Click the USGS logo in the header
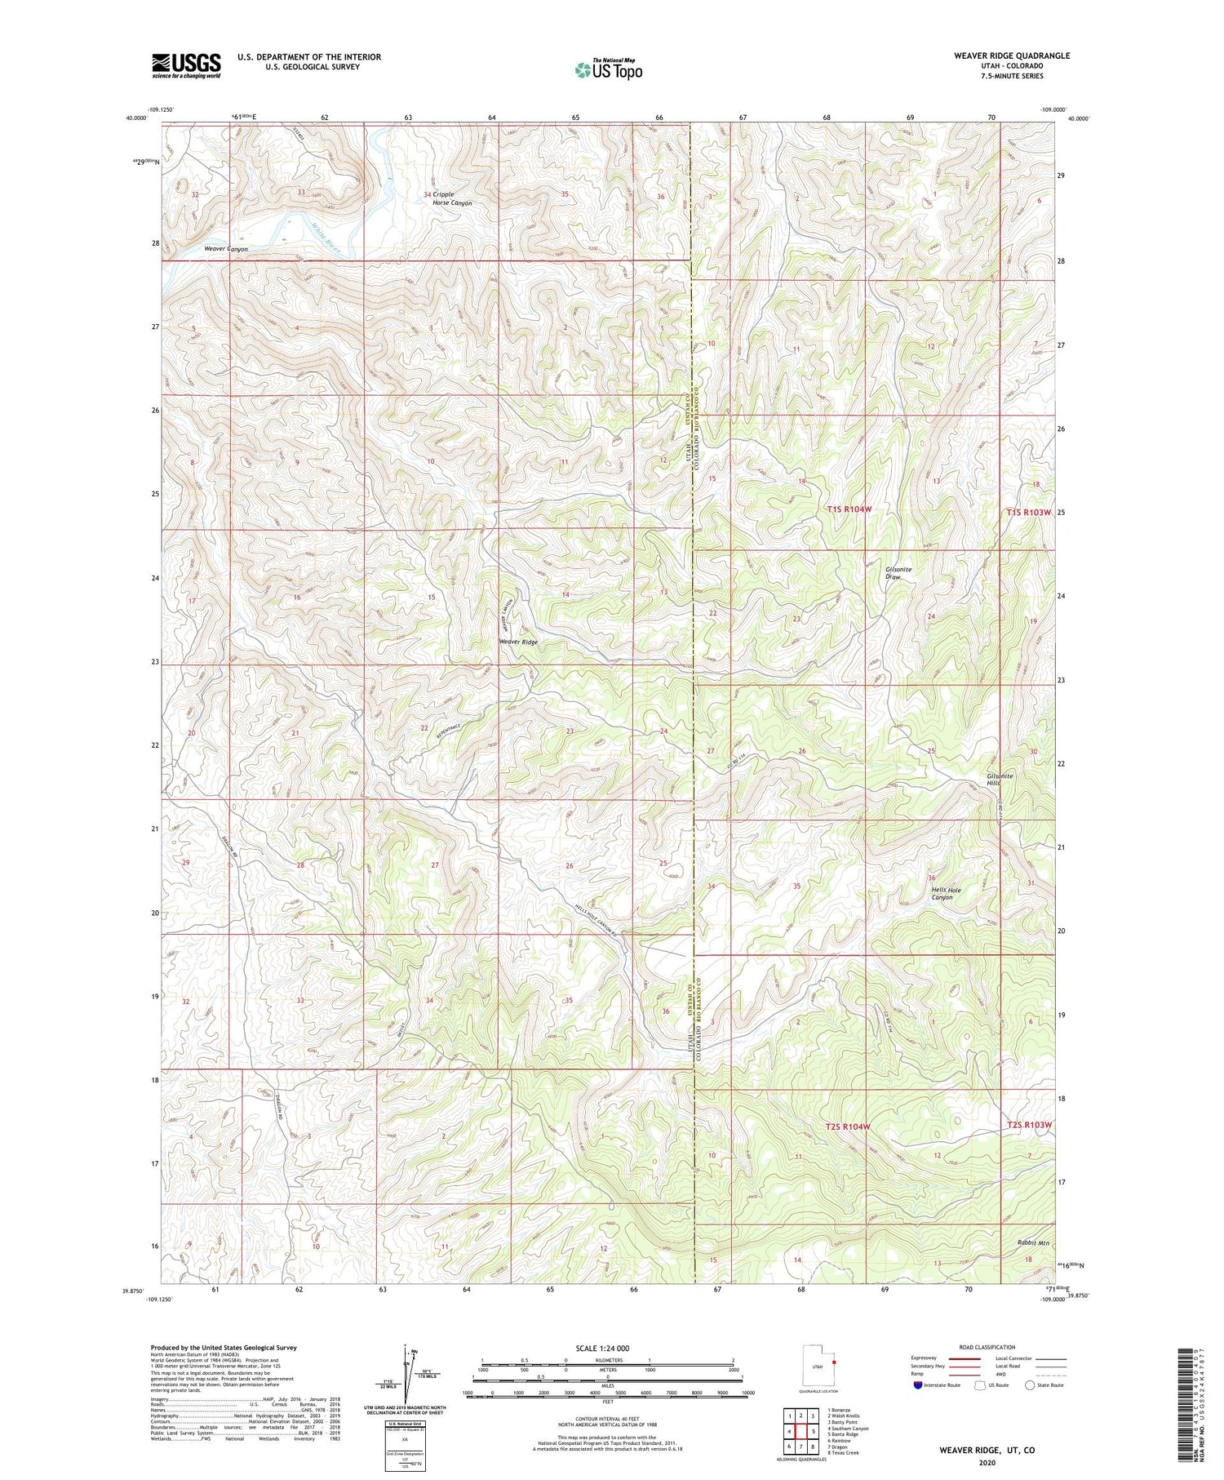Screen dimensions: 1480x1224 tap(186, 65)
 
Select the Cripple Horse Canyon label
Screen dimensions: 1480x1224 tap(452, 198)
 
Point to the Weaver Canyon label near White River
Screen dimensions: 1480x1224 tap(226, 249)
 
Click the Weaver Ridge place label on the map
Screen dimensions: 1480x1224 tap(518, 642)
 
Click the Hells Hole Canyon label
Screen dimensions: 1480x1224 tap(942, 893)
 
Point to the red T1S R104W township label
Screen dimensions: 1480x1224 tap(849, 509)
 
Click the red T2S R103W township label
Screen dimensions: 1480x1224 tap(1029, 1125)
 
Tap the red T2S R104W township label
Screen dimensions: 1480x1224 tap(848, 1127)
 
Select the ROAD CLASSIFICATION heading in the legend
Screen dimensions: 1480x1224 tap(987, 1347)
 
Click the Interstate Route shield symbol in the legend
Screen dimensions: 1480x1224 tap(918, 1385)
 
